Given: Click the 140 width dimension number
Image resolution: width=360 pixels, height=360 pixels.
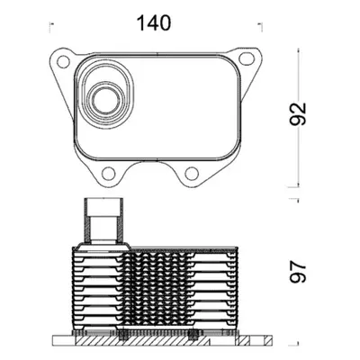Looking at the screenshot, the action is [154, 23].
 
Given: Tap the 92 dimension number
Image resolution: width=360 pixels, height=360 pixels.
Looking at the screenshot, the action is [298, 113].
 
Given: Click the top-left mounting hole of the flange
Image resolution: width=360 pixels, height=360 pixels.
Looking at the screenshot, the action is [63, 62].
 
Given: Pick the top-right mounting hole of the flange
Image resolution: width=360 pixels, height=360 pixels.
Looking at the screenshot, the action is [246, 58].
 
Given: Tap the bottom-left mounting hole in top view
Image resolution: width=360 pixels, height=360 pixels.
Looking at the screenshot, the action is [109, 173].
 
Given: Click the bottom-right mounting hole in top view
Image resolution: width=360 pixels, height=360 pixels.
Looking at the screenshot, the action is [192, 173].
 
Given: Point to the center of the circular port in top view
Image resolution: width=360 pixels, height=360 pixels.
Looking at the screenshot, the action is [104, 99].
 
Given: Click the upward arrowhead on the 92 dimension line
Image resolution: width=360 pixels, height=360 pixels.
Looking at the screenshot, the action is [298, 52].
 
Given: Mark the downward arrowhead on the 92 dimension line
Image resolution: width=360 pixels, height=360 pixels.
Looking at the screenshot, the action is [298, 183].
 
